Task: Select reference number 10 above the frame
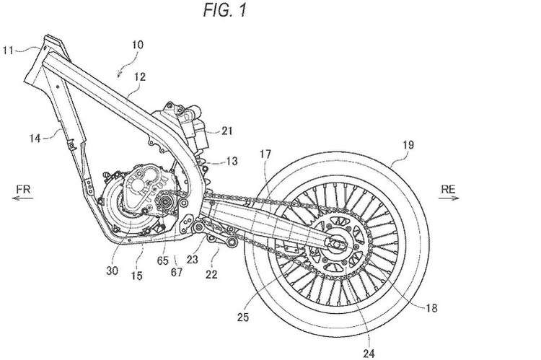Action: click(x=137, y=45)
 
